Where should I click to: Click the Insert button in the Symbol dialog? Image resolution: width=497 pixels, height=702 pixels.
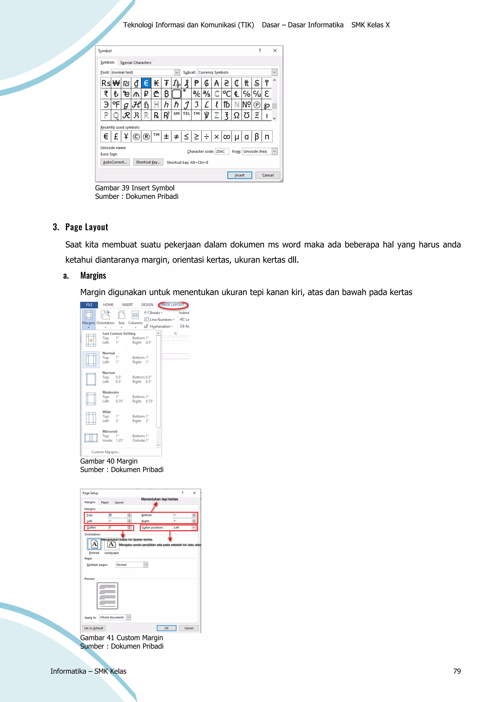tap(239, 175)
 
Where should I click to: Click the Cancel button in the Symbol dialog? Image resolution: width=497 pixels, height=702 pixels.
tap(268, 175)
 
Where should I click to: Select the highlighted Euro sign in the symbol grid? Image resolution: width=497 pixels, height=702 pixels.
tap(146, 83)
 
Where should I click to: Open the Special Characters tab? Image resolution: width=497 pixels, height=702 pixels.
tap(136, 62)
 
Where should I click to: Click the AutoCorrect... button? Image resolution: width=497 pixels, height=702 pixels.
tap(115, 162)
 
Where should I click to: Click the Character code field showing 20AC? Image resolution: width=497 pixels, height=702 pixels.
tap(222, 151)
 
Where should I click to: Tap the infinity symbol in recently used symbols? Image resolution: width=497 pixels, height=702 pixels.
tap(226, 137)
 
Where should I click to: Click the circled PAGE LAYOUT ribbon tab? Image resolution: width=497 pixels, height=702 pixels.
tap(173, 305)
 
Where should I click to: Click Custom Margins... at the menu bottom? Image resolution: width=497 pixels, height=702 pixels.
tap(106, 452)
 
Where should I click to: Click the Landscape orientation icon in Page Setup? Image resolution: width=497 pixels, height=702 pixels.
tap(111, 544)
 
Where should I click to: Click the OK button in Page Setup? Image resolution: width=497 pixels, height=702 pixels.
tap(166, 628)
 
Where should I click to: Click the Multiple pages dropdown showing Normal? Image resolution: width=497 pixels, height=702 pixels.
tap(132, 565)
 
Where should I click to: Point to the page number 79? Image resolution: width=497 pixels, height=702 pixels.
tap(457, 671)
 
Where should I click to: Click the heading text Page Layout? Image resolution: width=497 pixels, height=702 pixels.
tap(87, 227)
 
